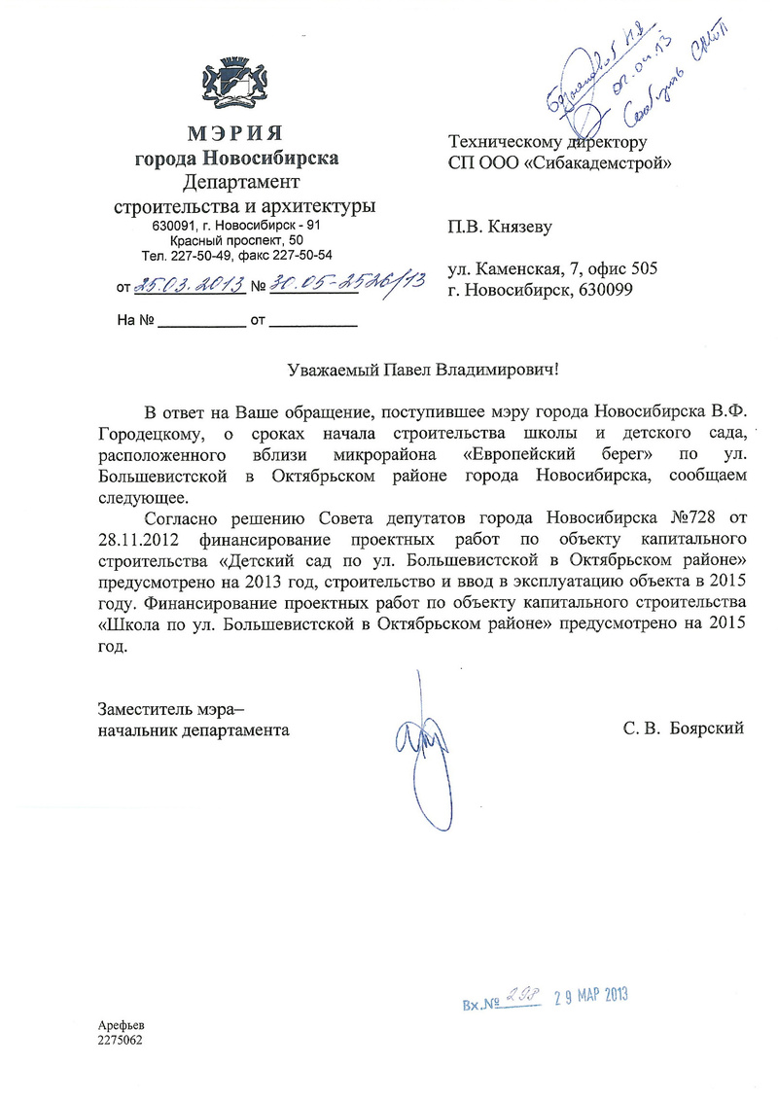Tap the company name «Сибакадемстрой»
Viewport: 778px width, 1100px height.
pyautogui.click(x=596, y=162)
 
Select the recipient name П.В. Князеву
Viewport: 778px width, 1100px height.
pyautogui.click(x=499, y=228)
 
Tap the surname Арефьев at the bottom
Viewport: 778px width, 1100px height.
pyautogui.click(x=120, y=1026)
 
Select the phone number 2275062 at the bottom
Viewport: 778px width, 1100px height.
pyautogui.click(x=120, y=1040)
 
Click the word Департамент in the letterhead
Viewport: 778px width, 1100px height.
pyautogui.click(x=241, y=182)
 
